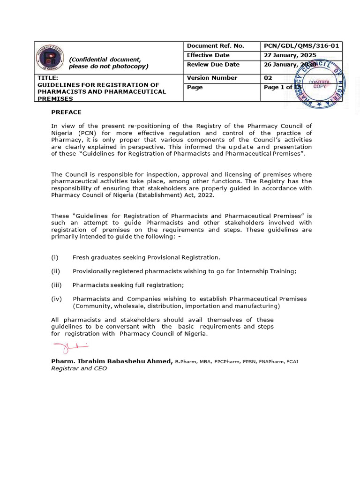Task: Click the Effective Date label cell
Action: pos(208,55)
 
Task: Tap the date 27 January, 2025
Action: pos(290,55)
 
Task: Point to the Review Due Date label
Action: pos(213,65)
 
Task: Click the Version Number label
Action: pos(212,78)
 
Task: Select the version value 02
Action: pos(268,78)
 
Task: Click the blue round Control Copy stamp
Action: pos(319,85)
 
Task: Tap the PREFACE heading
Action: pos(66,112)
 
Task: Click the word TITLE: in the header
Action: pos(48,78)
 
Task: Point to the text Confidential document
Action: pos(105,60)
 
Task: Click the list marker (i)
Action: pos(55,257)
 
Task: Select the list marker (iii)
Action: pos(56,285)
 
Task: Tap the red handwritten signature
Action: pos(70,348)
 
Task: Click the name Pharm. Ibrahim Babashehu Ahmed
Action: pos(112,361)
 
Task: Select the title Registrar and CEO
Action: pos(79,369)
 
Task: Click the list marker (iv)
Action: pos(56,299)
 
